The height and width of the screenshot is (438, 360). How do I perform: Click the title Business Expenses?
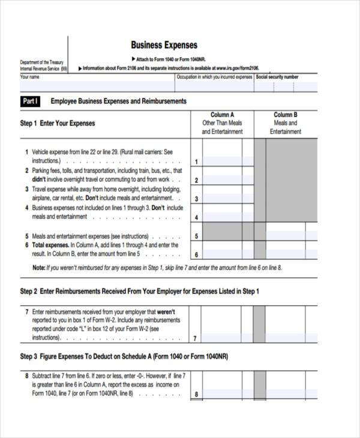coord(164,45)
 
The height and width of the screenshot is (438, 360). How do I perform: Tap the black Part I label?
coord(31,101)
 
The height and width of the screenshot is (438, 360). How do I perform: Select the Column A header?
coord(222,115)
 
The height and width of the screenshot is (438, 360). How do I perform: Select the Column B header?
coord(286,115)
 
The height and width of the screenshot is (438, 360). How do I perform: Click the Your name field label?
coord(30,77)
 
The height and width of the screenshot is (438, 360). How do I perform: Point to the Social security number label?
coord(277,77)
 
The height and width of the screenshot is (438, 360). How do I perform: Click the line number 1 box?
coord(196,162)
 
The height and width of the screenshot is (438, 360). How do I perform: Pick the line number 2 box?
coord(196,180)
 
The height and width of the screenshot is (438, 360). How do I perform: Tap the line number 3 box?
coord(196,199)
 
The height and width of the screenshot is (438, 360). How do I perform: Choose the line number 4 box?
coord(196,217)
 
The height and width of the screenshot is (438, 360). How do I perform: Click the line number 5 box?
coord(196,236)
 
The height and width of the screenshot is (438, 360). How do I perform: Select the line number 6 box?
coord(196,254)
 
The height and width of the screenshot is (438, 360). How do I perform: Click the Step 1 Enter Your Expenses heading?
coord(58,124)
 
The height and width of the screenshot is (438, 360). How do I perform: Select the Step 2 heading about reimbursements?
coord(139,292)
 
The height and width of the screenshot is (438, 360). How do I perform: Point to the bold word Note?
coord(38,268)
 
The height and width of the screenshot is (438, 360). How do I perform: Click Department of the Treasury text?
coord(41,62)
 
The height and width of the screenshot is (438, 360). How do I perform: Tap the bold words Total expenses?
coord(50,245)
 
